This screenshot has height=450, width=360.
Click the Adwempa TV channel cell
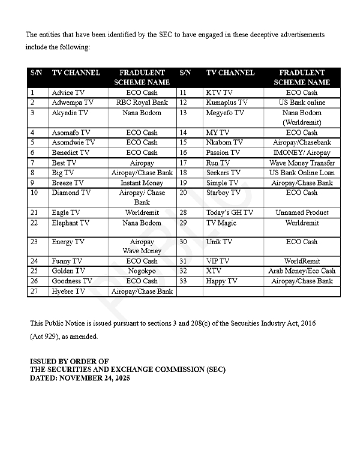click(x=73, y=103)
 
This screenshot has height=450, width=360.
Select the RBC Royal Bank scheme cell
click(x=142, y=103)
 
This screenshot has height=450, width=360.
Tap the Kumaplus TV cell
click(x=226, y=103)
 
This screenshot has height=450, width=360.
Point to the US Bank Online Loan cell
click(x=302, y=173)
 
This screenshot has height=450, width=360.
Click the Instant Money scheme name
click(x=142, y=182)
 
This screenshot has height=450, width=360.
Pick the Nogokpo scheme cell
click(x=142, y=271)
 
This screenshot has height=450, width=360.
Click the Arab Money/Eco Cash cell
click(x=302, y=271)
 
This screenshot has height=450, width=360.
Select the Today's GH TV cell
click(x=229, y=212)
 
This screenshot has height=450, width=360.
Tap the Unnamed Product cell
click(x=302, y=212)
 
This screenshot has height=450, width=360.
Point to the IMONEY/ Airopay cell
click(x=302, y=153)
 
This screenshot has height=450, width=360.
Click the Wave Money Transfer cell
click(x=302, y=163)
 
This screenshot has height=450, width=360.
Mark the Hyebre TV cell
click(x=68, y=291)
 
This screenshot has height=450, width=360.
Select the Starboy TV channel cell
click(x=223, y=193)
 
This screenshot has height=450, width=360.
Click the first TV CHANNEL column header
click(x=76, y=73)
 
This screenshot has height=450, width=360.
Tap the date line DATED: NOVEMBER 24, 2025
click(x=80, y=379)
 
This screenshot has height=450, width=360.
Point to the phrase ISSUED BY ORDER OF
click(x=70, y=361)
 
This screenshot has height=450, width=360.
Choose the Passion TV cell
click(x=223, y=153)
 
